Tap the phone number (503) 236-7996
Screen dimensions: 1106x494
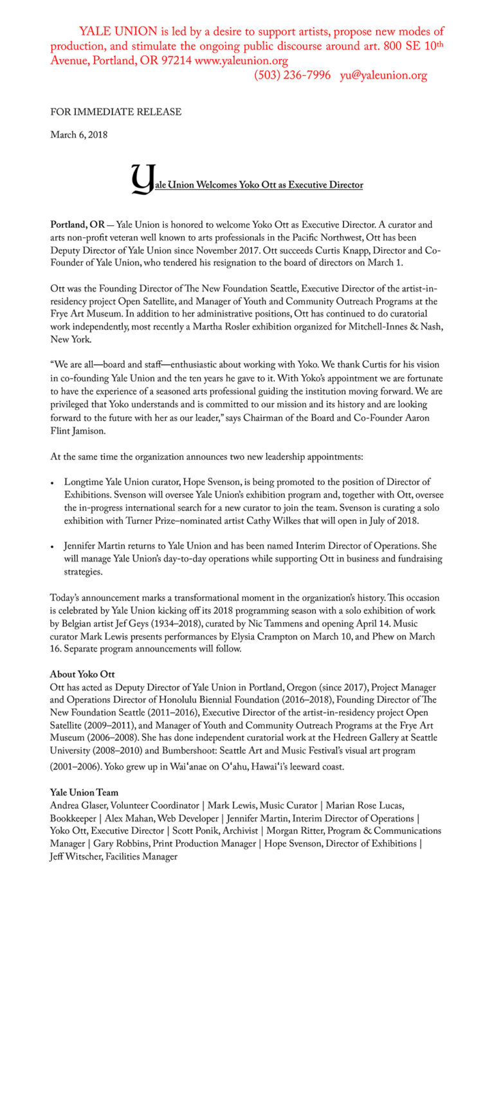pos(293,76)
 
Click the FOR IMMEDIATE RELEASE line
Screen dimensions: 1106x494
pos(116,112)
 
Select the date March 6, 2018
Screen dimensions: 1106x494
pos(78,135)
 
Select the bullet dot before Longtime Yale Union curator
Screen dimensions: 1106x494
pos(52,483)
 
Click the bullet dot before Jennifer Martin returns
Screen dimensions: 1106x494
pos(52,547)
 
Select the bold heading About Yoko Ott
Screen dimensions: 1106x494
pos(82,674)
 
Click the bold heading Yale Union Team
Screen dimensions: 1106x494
pos(84,793)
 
